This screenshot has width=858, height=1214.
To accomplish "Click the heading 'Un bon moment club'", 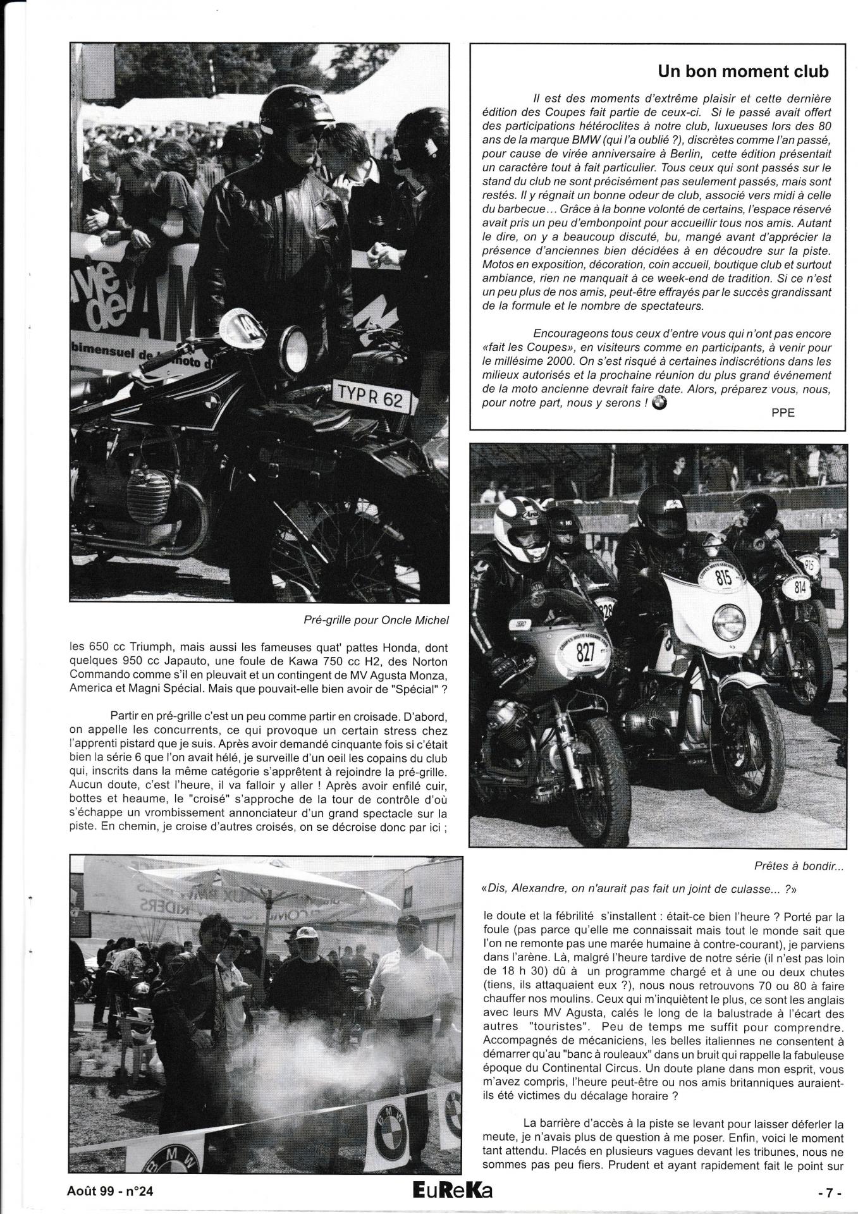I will (743, 71).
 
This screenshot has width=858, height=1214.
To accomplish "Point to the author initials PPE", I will (782, 413).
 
